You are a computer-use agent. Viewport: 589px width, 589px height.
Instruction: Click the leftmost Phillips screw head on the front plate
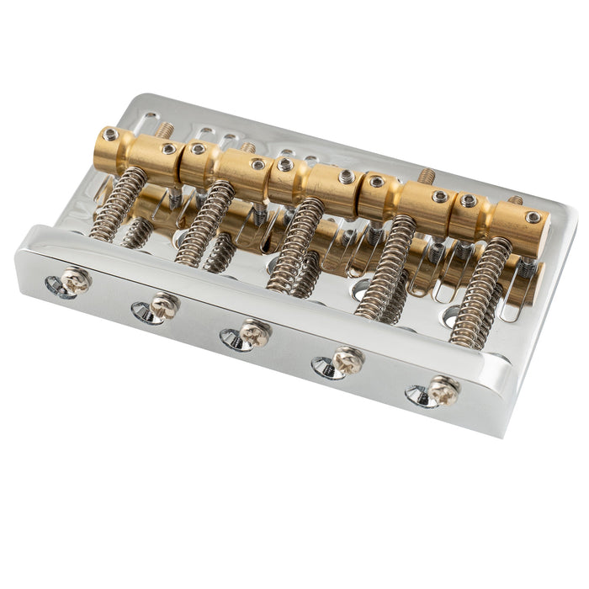76,280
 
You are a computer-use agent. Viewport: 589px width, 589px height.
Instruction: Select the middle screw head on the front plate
253,333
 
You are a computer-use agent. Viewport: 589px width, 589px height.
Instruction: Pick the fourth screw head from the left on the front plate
347,361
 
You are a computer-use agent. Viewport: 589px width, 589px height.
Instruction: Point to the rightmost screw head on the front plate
443,390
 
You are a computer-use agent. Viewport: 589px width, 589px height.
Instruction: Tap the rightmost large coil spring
480,293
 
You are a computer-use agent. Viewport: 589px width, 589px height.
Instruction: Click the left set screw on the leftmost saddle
110,134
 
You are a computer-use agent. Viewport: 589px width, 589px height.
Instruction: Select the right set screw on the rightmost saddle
533,217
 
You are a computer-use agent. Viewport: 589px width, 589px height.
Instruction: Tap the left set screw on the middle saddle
285,165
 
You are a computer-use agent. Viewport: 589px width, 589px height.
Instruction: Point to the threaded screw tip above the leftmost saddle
166,130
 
